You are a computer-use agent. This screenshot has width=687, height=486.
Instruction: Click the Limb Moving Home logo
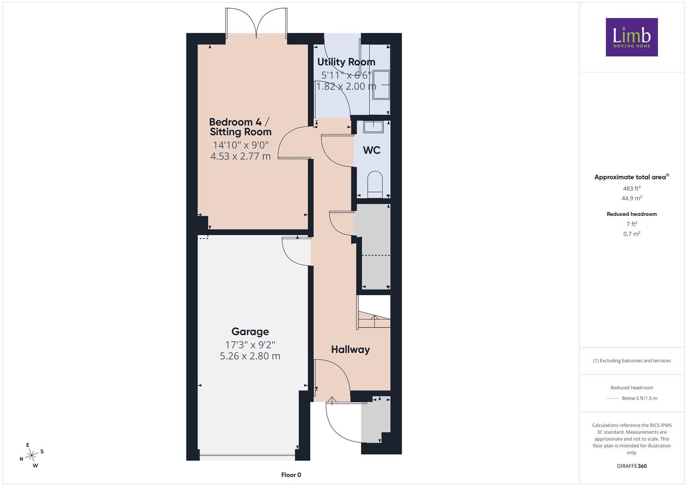[632, 37]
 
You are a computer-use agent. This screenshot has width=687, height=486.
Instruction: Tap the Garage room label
[250, 332]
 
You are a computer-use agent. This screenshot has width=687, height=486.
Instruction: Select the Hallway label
[350, 350]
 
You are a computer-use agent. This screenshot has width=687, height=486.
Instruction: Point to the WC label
[372, 150]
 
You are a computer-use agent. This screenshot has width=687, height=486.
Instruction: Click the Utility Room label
[346, 62]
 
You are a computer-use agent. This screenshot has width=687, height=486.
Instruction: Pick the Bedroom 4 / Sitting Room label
[240, 127]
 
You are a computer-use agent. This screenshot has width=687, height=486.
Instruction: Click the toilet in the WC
[375, 184]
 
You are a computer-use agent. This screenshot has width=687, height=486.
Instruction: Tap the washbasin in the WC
[373, 127]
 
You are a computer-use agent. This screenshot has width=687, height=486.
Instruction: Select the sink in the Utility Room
[381, 85]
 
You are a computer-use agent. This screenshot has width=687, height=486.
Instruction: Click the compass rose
[31, 455]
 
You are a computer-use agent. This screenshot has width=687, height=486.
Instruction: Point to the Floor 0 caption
[291, 475]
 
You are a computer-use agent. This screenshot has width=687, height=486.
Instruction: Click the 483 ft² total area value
[632, 189]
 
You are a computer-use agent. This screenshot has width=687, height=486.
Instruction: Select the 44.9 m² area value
[632, 198]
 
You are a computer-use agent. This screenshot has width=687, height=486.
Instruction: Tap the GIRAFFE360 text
[632, 466]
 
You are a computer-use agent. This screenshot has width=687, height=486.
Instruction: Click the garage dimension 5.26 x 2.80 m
[250, 356]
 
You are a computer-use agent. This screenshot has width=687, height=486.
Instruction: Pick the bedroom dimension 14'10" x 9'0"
[241, 144]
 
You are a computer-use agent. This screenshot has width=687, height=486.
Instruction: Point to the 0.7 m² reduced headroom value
[632, 234]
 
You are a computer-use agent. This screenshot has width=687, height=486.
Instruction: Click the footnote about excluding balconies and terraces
[632, 360]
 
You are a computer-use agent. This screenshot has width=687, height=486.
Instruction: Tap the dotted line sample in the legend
[612, 398]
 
